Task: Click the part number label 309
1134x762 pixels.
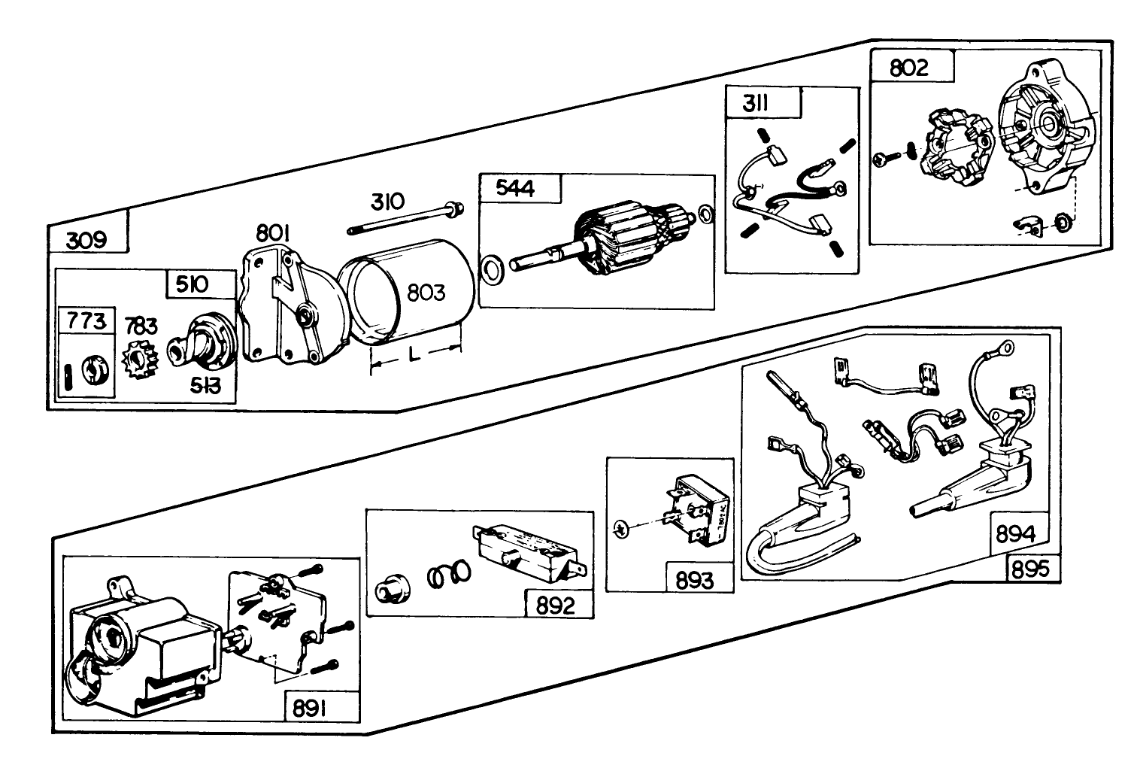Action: coord(86,240)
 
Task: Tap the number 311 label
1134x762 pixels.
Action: coord(755,103)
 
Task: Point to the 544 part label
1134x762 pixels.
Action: coord(516,189)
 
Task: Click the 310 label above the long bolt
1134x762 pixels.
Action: coord(387,202)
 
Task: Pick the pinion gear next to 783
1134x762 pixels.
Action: coord(139,361)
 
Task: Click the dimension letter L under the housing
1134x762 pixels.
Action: coord(414,356)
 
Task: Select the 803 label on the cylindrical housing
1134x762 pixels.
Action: coord(426,292)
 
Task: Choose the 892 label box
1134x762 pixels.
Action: coord(556,606)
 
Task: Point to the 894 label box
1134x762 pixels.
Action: coord(1015,534)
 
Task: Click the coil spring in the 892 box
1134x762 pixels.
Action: coord(449,575)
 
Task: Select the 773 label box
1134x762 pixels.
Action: coord(86,322)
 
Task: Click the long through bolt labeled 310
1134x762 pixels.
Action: coord(403,218)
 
